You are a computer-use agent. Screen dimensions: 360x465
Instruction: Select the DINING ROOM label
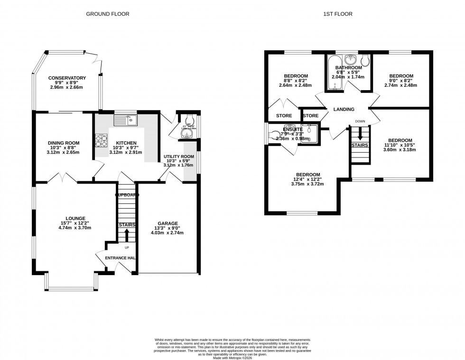63,143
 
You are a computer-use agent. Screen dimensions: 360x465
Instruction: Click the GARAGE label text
167,223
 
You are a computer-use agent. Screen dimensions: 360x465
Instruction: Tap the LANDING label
344,110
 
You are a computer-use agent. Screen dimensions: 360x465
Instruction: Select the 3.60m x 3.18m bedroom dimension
400,150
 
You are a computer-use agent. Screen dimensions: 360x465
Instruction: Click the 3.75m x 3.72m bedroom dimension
308,184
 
